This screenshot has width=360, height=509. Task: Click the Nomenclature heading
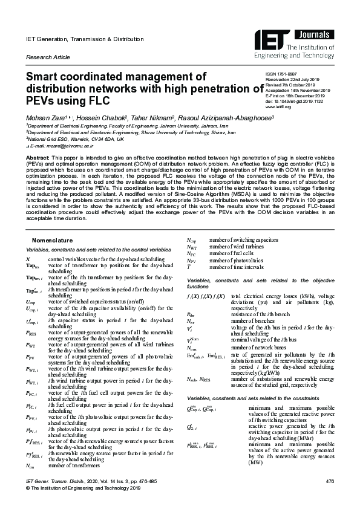(52, 241)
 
